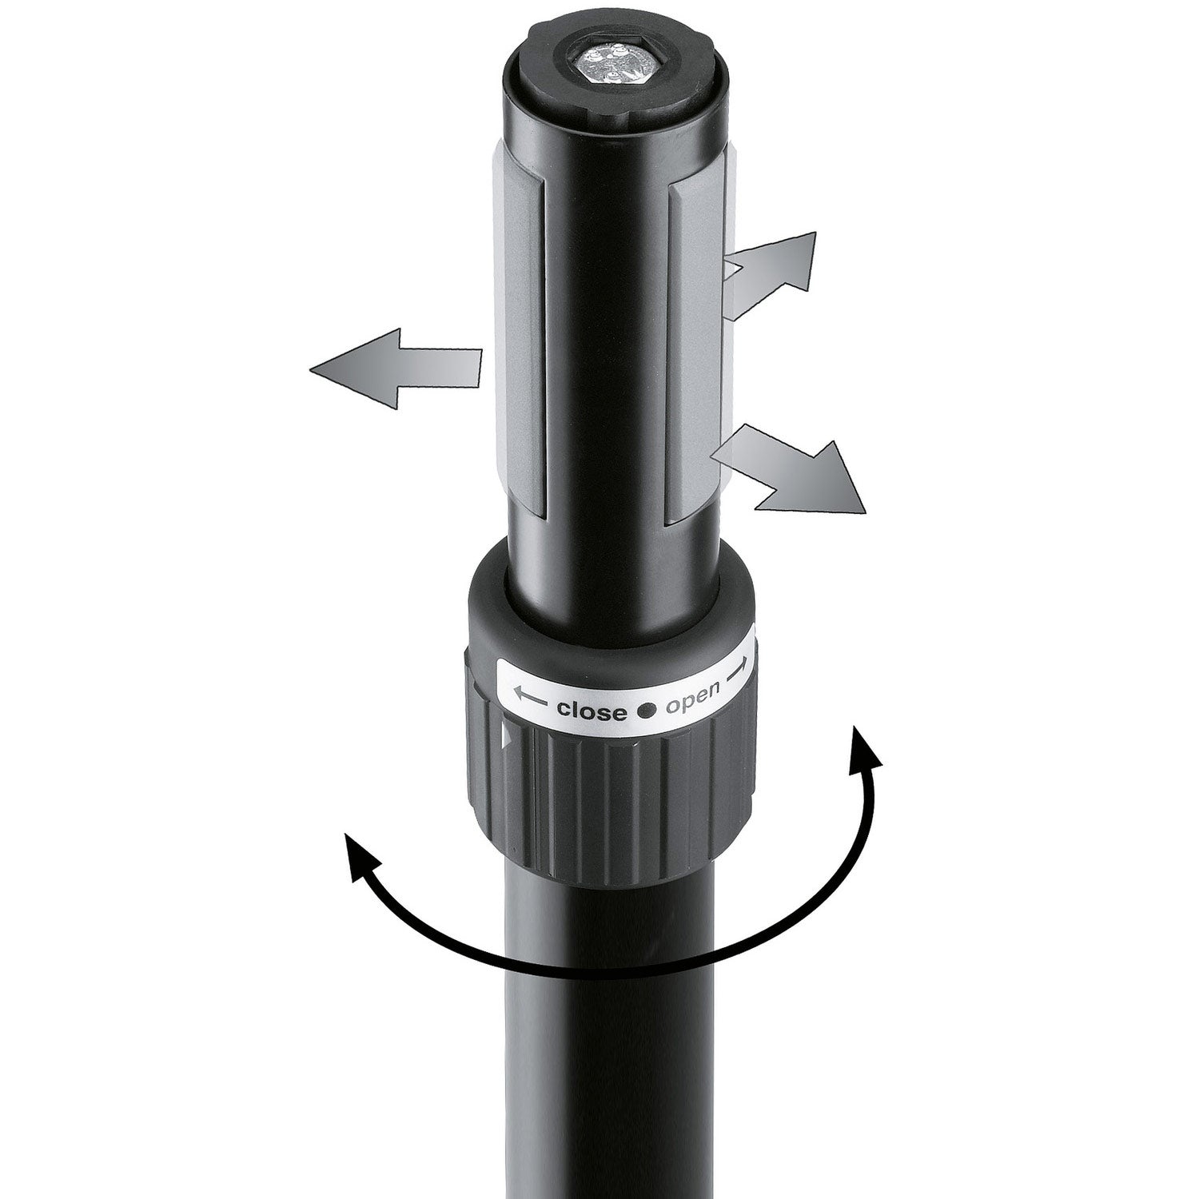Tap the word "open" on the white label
click(694, 704)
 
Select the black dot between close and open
click(647, 708)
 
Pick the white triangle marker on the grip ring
click(504, 739)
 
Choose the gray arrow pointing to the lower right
click(787, 470)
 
